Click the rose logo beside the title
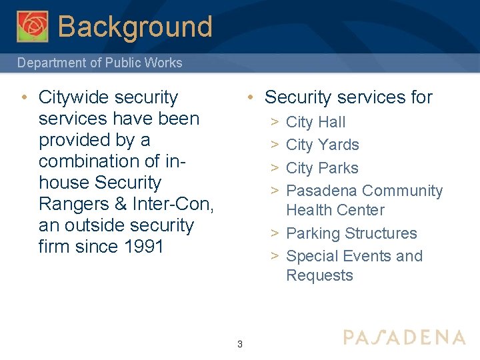pos(33,26)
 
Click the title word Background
pos(135,27)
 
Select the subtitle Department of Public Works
pos(99,63)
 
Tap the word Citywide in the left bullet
pos(75,97)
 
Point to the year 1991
pos(143,247)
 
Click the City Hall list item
pos(315,122)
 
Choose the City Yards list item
pos(322,145)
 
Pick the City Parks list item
pos(322,168)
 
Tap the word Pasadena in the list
pos(321,191)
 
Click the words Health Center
pos(335,210)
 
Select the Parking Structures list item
pos(351,233)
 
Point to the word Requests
pos(319,275)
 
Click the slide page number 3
pos(239,344)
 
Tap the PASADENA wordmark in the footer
pos(404,337)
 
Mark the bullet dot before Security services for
pos(248,97)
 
